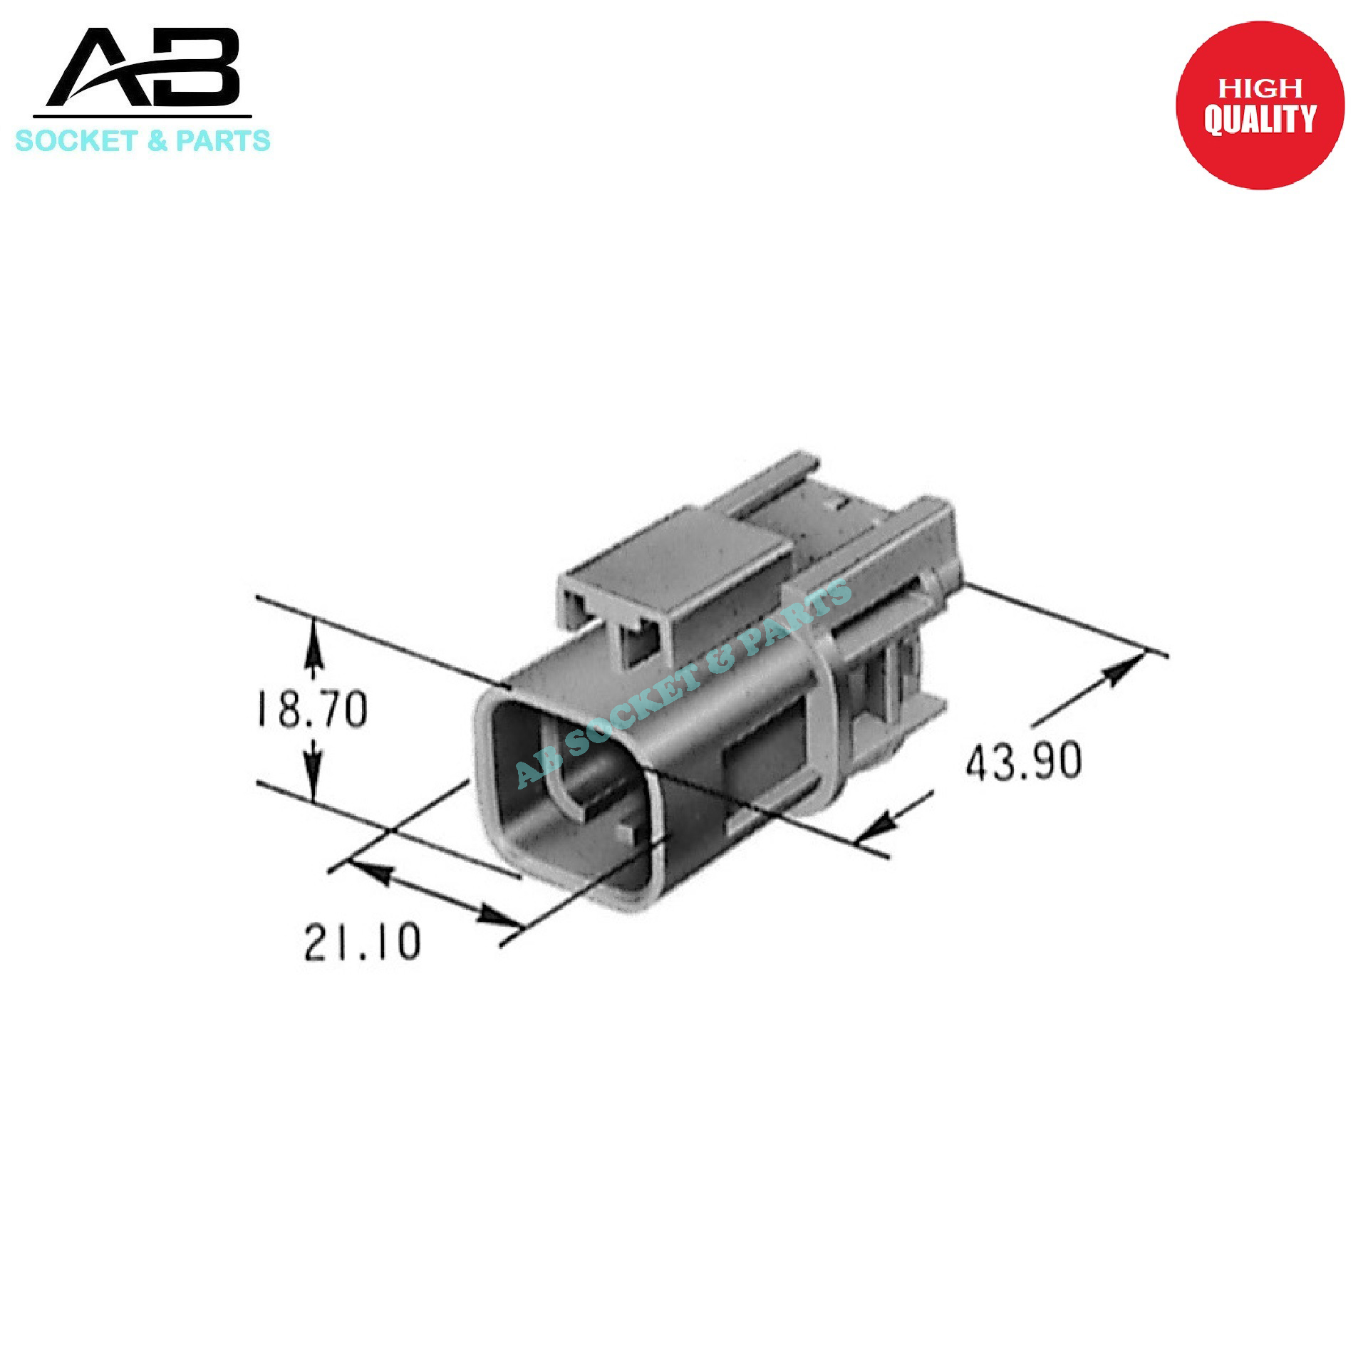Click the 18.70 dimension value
311,709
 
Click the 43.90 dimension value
1024,760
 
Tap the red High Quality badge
1259,105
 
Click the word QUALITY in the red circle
1259,119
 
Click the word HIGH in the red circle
1259,88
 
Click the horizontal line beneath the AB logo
142,116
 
